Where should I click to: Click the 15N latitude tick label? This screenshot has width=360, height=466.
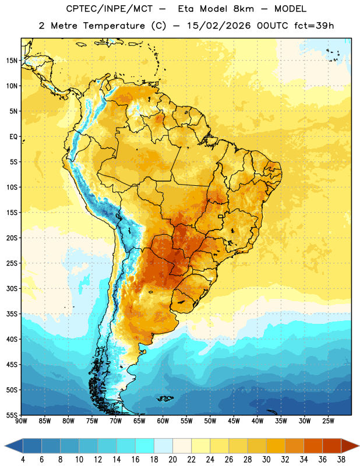[x=12, y=61]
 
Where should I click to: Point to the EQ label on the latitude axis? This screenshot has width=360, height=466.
[x=13, y=137]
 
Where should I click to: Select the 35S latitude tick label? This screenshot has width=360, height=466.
[x=12, y=314]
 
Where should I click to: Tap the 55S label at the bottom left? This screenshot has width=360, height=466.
[x=12, y=415]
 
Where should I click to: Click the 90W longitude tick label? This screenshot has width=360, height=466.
[x=21, y=421]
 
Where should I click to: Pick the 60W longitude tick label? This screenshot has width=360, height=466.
[x=163, y=421]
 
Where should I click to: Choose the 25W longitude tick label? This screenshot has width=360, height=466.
[x=328, y=421]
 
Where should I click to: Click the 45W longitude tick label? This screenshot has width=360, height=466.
[x=234, y=421]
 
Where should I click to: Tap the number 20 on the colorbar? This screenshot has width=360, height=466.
[x=172, y=460]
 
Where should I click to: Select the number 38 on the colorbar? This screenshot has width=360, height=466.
[x=341, y=460]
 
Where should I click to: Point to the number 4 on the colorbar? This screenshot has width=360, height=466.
[x=23, y=460]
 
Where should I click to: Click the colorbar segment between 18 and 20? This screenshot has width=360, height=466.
[x=163, y=446]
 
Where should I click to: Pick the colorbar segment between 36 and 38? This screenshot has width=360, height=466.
[x=332, y=446]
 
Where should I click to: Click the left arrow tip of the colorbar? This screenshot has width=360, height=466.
[x=5, y=446]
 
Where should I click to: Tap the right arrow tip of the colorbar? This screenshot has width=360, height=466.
[x=359, y=446]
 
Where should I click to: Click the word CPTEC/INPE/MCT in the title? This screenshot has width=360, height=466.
[x=110, y=9]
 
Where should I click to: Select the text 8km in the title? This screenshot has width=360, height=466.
[x=243, y=9]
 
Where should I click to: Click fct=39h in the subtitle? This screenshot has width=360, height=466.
[x=314, y=26]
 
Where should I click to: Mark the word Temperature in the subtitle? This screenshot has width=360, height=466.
[x=114, y=26]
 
